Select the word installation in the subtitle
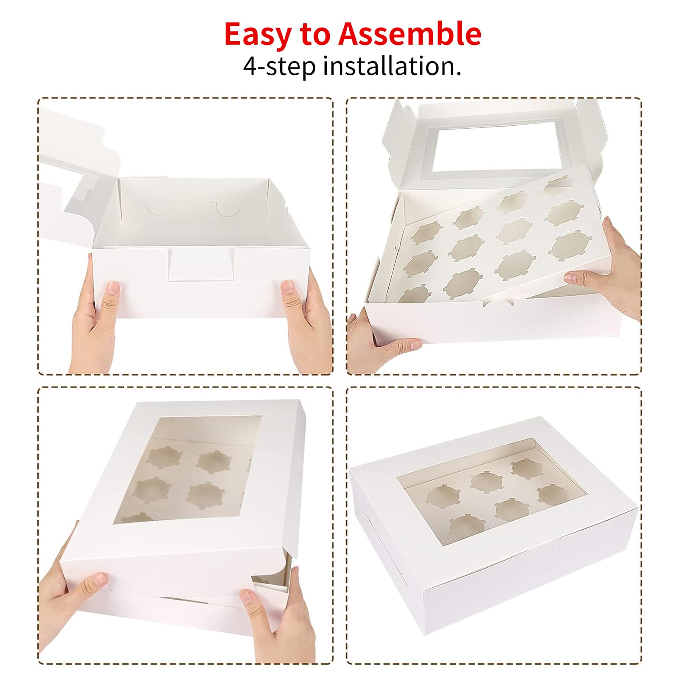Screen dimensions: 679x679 (x=392, y=67)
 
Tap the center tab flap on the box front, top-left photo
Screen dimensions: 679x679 (x=201, y=264)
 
